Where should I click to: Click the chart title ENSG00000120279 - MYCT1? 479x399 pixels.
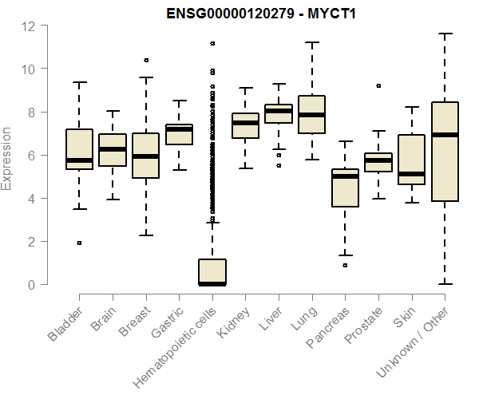pos(261,14)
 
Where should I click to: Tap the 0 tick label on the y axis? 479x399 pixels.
pos(31,284)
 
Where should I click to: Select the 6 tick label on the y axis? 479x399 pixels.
pos(31,155)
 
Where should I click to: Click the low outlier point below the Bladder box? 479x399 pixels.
pos(79,243)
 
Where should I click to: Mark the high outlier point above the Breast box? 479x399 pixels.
pos(146,60)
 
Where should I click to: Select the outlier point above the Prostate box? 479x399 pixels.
pos(378,85)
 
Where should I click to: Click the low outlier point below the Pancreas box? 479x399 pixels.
pos(345,265)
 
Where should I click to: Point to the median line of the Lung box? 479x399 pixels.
pos(311,115)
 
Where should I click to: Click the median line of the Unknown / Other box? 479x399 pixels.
pos(445,135)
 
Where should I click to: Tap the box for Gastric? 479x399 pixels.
pos(179,134)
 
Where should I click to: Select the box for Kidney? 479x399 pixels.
pos(245,126)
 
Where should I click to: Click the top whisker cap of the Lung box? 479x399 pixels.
pos(311,42)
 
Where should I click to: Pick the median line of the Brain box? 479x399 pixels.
pos(113,149)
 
